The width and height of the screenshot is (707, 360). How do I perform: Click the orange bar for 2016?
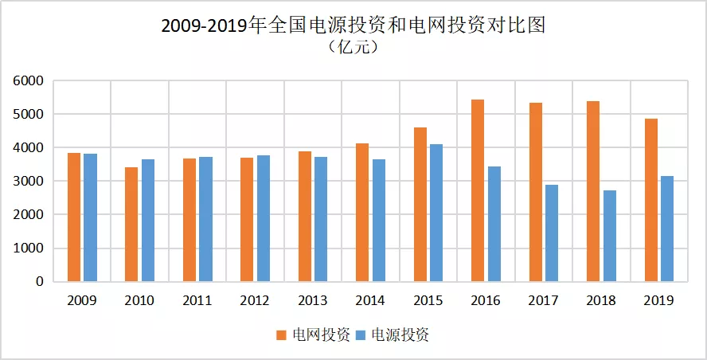coord(478,191)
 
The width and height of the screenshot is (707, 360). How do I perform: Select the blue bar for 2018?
coord(609,236)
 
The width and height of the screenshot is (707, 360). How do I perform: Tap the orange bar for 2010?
coord(131,225)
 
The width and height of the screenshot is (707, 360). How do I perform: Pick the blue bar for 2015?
coord(436,213)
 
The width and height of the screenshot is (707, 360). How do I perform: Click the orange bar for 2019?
coord(651,200)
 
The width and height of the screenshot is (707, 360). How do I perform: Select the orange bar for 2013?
coord(304,217)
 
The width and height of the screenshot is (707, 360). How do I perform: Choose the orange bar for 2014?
coord(362,213)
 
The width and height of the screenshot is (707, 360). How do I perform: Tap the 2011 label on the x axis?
coord(197,301)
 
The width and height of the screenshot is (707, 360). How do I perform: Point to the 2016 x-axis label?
coord(486,301)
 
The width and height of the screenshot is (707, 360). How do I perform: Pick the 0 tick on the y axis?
coord(38,282)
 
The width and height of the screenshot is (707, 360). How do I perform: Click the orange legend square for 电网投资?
coord(282,335)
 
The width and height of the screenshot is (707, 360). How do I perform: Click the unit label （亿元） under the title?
coord(353,48)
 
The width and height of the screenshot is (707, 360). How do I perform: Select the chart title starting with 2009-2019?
coord(353,25)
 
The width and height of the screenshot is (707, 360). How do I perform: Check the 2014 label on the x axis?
coord(370,301)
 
